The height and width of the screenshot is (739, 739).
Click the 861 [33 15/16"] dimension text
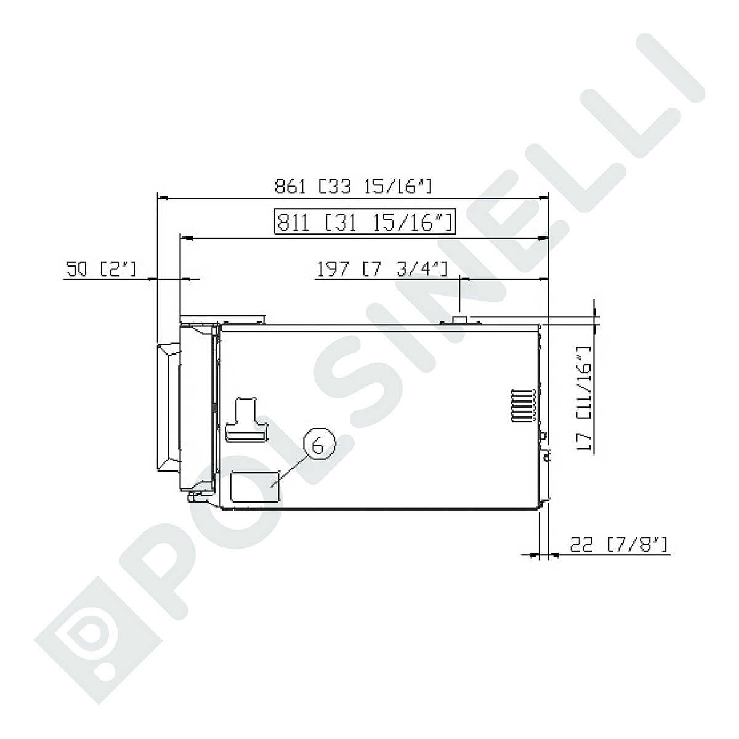click(353, 187)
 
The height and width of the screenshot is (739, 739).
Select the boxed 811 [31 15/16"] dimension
click(365, 221)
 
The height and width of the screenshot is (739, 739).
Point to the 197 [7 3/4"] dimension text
click(382, 269)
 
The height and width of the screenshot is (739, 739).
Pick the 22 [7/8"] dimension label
click(619, 544)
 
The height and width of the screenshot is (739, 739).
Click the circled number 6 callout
click(319, 443)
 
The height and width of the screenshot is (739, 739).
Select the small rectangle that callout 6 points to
click(255, 487)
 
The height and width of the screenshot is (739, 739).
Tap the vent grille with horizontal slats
click(523, 406)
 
